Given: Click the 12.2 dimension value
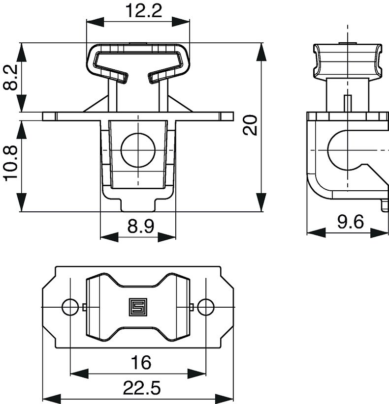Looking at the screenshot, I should point(137,10).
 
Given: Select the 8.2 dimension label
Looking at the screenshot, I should point(10,78).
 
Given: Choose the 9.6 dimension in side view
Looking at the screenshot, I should point(350,222).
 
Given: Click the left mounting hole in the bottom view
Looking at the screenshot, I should point(70,307).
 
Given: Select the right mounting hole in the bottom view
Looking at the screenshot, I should point(206,307).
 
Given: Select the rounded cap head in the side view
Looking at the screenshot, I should point(348,60).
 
